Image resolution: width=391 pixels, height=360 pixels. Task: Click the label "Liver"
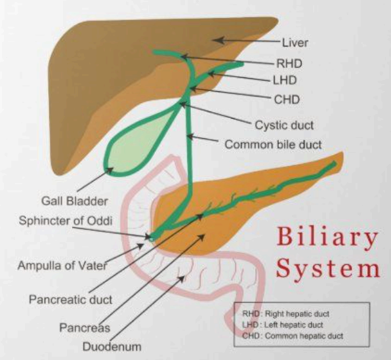pos(295,43)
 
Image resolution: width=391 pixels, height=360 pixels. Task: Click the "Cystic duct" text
pos(284,125)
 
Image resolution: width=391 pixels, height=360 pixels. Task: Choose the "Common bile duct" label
pos(273,144)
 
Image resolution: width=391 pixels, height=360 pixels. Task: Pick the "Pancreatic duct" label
pos(70,299)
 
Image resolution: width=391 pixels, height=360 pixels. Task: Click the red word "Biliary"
pos(326,238)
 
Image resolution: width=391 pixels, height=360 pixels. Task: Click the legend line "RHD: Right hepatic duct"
pos(291,313)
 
